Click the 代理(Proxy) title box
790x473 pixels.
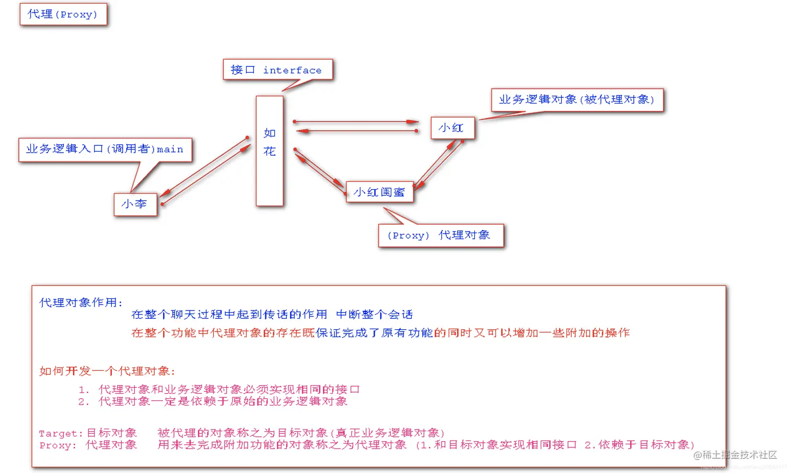63,14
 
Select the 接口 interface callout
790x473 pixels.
277,70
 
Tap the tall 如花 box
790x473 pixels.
270,151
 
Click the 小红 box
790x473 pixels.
452,128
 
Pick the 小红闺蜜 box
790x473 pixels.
379,192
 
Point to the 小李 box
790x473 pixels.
135,204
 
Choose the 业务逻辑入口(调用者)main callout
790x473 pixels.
105,149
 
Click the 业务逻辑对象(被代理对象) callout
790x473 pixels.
577,100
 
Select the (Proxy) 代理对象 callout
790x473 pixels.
440,235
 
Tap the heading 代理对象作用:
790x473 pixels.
81,303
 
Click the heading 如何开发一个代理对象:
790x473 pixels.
107,371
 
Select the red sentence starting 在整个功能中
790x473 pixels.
380,333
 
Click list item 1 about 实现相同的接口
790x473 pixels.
219,389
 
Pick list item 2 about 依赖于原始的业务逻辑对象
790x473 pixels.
213,401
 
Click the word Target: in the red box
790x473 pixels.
61,433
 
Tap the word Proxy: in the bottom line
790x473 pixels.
57,445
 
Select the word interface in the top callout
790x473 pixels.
292,70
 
